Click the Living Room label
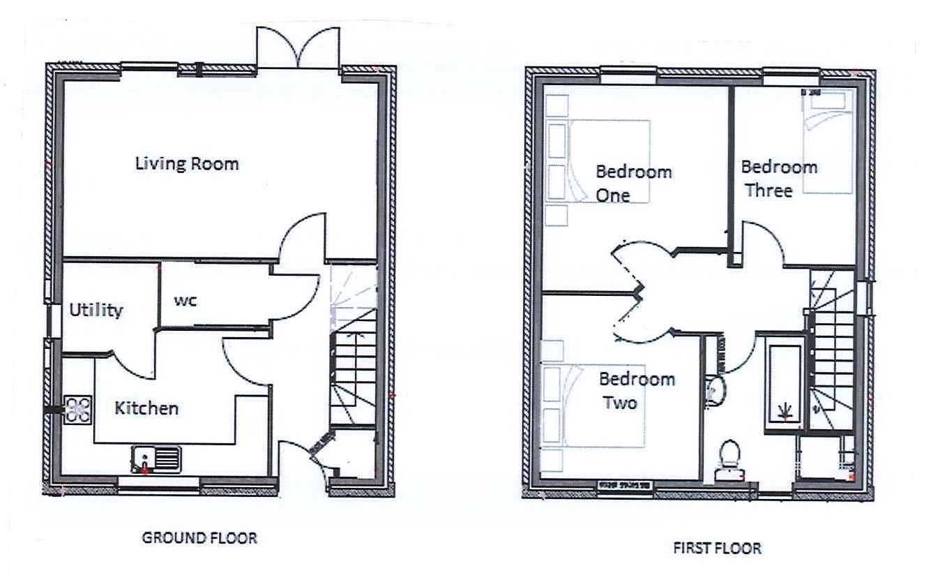click(187, 164)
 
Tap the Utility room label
click(96, 310)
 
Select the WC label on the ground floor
click(185, 301)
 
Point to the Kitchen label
click(146, 408)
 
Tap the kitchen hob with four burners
click(78, 410)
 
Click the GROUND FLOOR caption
click(199, 538)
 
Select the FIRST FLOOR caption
click(717, 549)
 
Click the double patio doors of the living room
click(298, 49)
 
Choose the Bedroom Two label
click(637, 391)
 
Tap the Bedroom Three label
click(778, 179)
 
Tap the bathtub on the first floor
click(785, 384)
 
